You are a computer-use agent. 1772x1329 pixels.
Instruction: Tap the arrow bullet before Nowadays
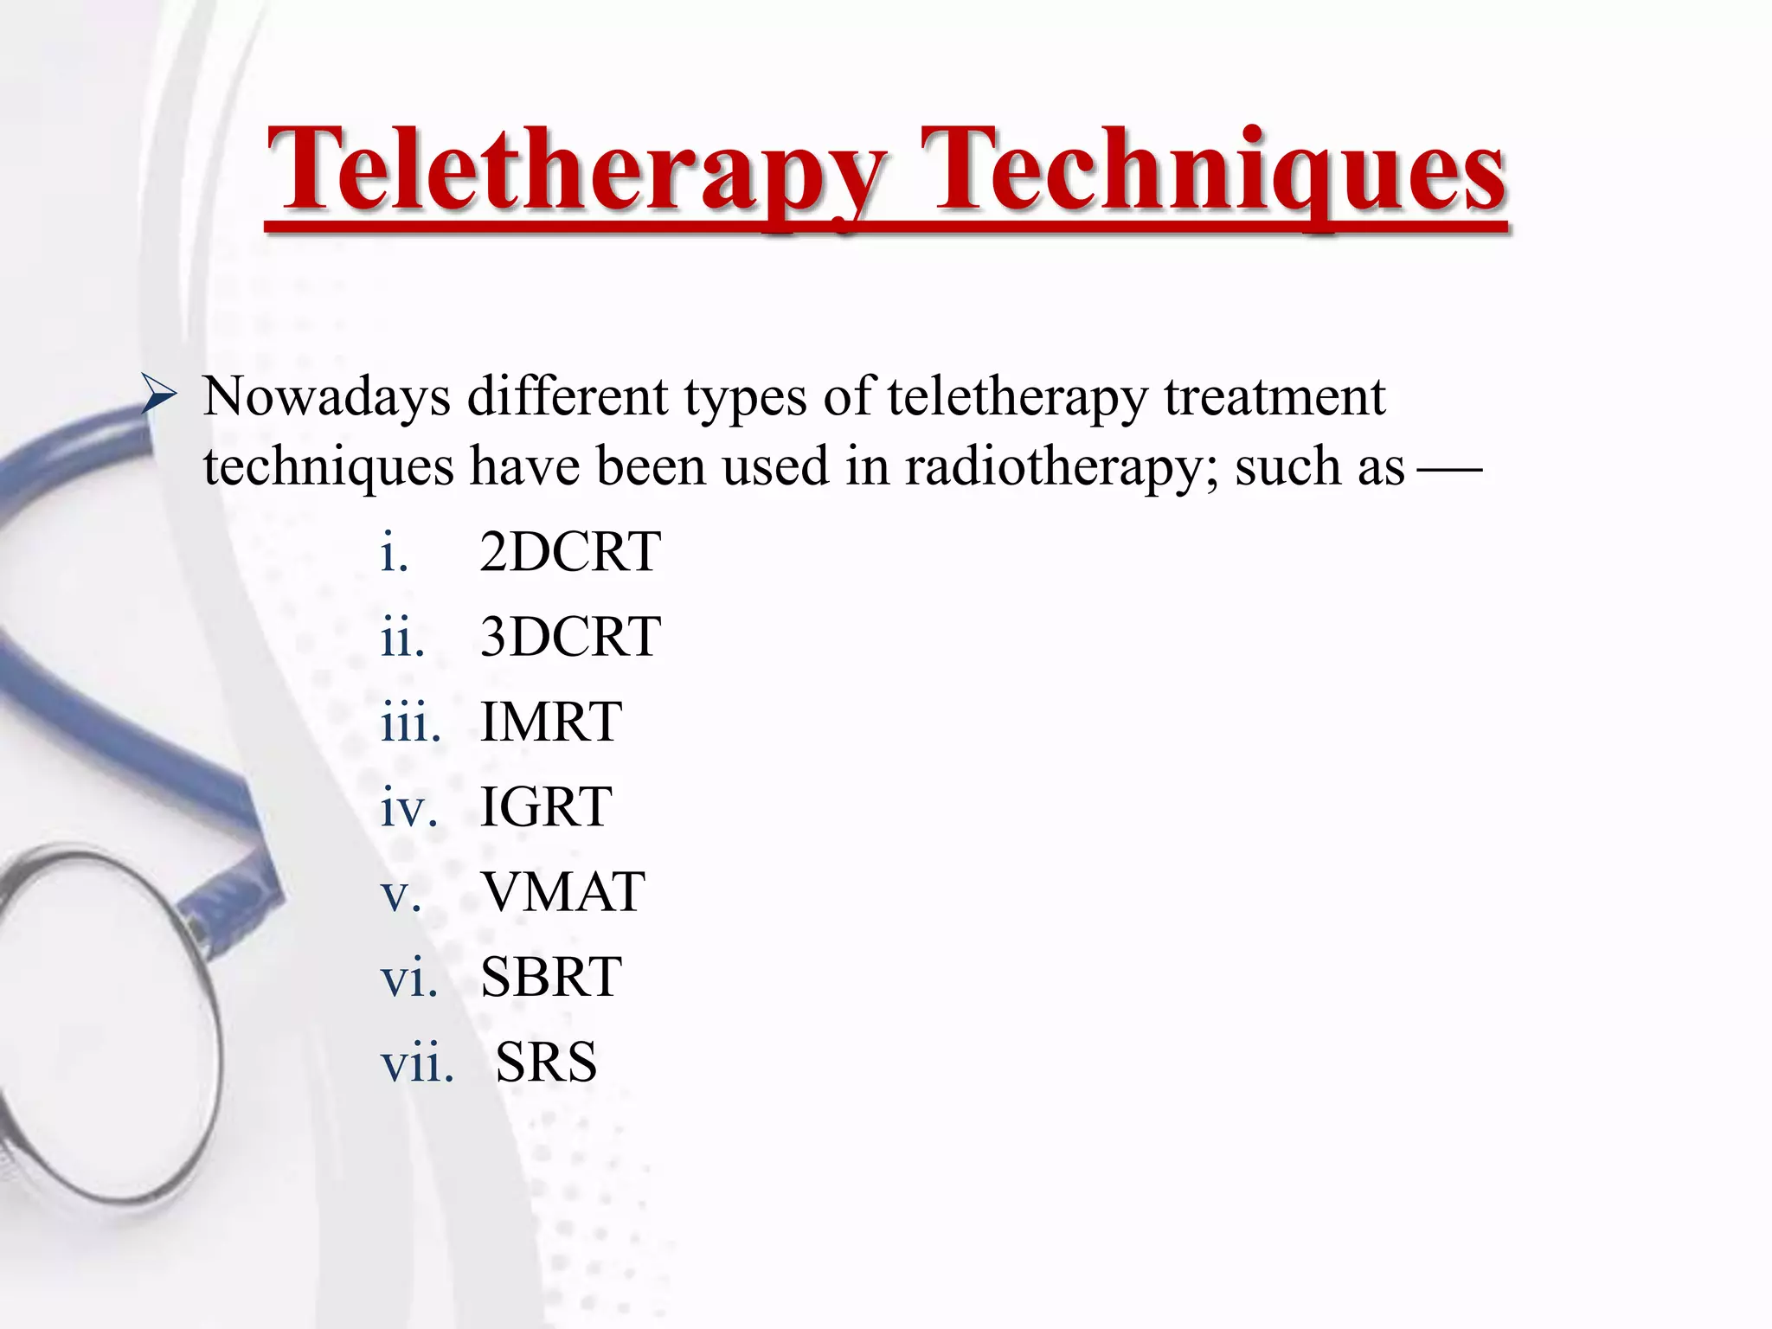(x=159, y=397)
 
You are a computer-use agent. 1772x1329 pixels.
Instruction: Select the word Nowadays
(x=326, y=397)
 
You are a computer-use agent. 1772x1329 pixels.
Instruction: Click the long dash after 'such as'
(x=1450, y=470)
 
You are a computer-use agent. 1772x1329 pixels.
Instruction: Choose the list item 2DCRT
(x=570, y=551)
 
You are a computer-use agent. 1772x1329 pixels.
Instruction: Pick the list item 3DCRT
(x=570, y=636)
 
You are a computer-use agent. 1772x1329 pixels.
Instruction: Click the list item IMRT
(x=550, y=721)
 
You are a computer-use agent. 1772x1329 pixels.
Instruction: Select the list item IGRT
(x=546, y=806)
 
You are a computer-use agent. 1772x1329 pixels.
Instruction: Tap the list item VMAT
(x=562, y=891)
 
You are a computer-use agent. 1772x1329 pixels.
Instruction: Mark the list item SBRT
(x=550, y=977)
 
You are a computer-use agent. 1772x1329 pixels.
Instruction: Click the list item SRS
(x=546, y=1062)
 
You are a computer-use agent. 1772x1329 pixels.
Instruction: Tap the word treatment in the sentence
(x=1274, y=397)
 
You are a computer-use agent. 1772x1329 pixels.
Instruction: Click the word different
(x=568, y=397)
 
